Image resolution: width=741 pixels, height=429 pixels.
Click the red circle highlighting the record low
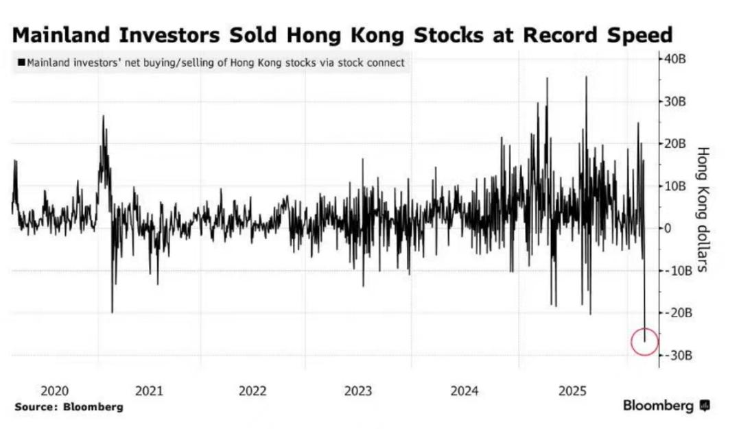pos(644,341)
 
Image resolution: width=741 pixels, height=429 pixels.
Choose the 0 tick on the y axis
pos(666,228)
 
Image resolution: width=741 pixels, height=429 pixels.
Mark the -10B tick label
pos(676,270)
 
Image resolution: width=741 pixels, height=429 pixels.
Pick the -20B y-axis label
pos(676,312)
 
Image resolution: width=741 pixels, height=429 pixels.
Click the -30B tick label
pos(676,355)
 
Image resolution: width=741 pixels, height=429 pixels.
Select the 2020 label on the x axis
pos(55,391)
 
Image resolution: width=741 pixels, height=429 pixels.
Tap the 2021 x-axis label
pos(149,391)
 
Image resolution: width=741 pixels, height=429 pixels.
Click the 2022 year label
pos(252,391)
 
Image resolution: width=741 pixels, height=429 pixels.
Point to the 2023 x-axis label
pos(358,391)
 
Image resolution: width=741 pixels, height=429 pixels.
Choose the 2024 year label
pos(464,391)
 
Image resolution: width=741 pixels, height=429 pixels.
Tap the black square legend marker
pos(22,64)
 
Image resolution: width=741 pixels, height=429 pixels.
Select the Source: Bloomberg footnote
pos(69,406)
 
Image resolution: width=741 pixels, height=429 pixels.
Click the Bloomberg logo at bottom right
pos(666,406)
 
